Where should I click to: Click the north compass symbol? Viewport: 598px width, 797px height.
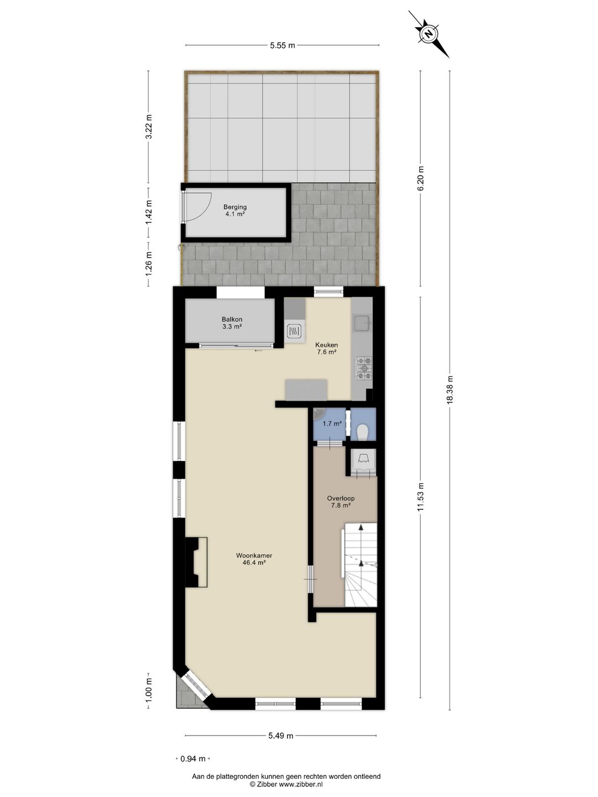(429, 34)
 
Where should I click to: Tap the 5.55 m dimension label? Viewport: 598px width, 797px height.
(282, 45)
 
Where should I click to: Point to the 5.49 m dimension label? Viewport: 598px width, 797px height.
(281, 736)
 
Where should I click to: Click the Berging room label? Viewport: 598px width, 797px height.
(235, 210)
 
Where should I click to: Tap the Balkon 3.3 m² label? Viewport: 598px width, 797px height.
(231, 323)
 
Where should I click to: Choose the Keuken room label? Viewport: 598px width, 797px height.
(326, 348)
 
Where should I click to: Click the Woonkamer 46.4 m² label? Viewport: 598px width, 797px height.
(254, 559)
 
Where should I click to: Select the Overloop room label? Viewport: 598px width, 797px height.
(341, 501)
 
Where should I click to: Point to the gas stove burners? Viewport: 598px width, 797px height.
(364, 368)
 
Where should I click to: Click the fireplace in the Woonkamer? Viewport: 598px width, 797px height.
(197, 562)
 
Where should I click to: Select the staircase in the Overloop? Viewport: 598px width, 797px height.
(360, 565)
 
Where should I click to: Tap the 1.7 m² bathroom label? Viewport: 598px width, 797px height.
(332, 424)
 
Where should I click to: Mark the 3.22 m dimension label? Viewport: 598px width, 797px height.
(148, 128)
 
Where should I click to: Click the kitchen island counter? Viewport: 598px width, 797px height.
(306, 389)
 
